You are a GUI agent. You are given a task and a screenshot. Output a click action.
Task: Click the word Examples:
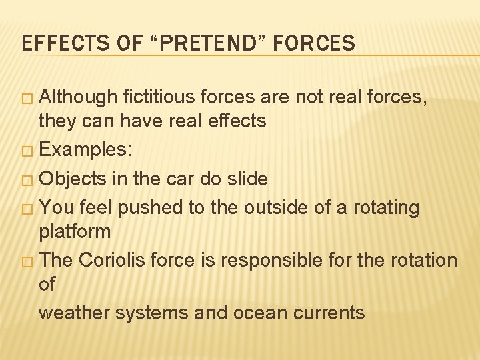(x=85, y=150)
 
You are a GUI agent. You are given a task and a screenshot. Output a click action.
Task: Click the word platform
(x=75, y=232)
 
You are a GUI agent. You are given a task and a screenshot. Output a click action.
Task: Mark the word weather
(x=74, y=312)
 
